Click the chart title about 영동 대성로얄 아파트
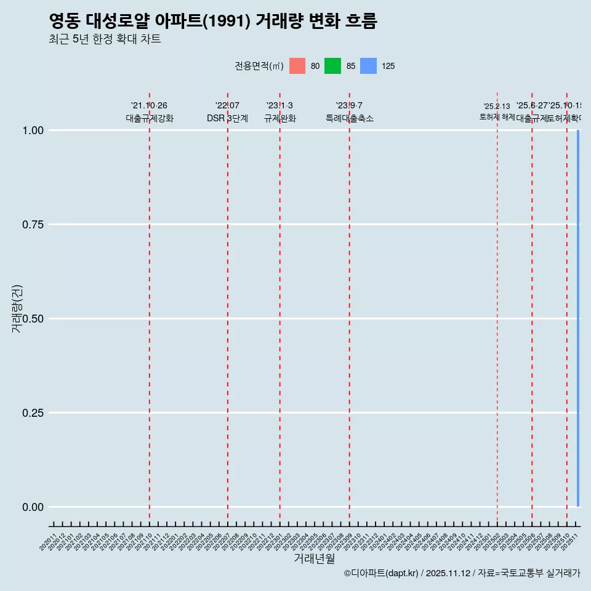coord(212,21)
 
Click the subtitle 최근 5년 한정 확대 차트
coord(105,39)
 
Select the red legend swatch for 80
coord(297,66)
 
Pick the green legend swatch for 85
coord(332,66)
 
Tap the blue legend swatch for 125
coord(368,66)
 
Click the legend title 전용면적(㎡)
coord(259,66)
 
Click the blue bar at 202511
coord(578,318)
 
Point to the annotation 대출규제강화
coord(150,118)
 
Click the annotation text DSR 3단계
coord(227,118)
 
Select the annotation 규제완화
coord(280,118)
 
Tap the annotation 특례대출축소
coord(350,118)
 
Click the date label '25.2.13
coord(497,107)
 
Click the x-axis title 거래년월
coord(314,558)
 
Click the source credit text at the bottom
coord(462,573)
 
